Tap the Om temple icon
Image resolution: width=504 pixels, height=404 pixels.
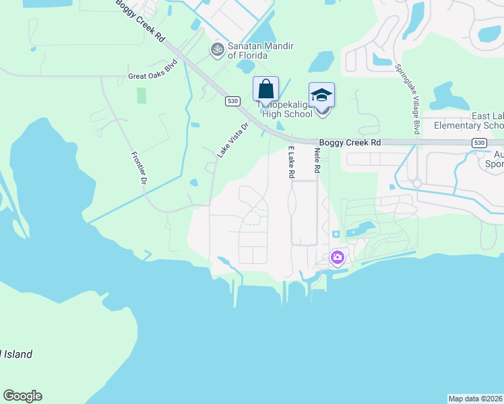click(x=217, y=48)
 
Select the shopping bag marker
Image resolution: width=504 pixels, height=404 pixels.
click(x=265, y=89)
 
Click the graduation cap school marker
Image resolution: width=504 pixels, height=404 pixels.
click(x=322, y=95)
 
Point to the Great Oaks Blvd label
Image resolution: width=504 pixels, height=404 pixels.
click(x=152, y=77)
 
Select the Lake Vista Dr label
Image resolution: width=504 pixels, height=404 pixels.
click(x=233, y=139)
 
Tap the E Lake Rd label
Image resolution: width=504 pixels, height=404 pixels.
click(x=292, y=162)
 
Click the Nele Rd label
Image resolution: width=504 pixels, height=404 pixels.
click(x=316, y=162)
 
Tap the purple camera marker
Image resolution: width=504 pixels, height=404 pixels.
click(x=337, y=257)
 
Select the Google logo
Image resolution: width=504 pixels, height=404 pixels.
click(x=22, y=396)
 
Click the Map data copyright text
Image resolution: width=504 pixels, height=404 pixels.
click(x=476, y=398)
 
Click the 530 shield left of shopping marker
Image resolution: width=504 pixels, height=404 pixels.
click(x=232, y=101)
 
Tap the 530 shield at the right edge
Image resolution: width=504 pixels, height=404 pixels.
click(x=478, y=143)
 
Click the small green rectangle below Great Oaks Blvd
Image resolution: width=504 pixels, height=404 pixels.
click(x=141, y=95)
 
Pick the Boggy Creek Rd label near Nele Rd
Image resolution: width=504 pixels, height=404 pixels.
click(x=350, y=143)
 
